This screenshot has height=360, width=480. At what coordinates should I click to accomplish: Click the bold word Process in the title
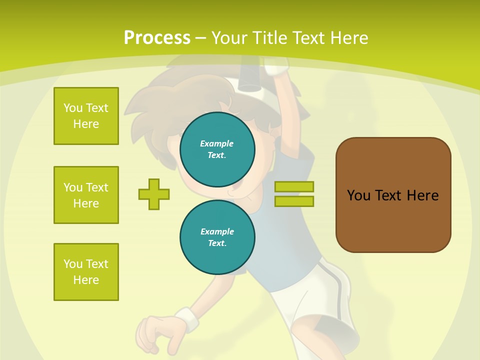[157, 38]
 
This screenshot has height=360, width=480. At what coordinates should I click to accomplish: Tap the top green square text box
[86, 116]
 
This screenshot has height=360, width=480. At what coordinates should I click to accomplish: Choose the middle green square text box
[86, 195]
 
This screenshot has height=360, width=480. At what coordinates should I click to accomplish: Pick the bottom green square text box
[86, 272]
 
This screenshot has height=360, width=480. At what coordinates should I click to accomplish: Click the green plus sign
[154, 194]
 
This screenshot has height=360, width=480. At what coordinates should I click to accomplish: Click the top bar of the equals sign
[294, 186]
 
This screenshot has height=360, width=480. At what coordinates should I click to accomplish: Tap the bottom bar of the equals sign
[294, 201]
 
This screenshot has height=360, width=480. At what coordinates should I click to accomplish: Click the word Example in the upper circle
[216, 143]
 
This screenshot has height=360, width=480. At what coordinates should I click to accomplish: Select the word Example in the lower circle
[217, 231]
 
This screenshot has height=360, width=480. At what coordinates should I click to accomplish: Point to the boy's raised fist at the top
[276, 65]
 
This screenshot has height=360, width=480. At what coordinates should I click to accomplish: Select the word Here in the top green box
[86, 124]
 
